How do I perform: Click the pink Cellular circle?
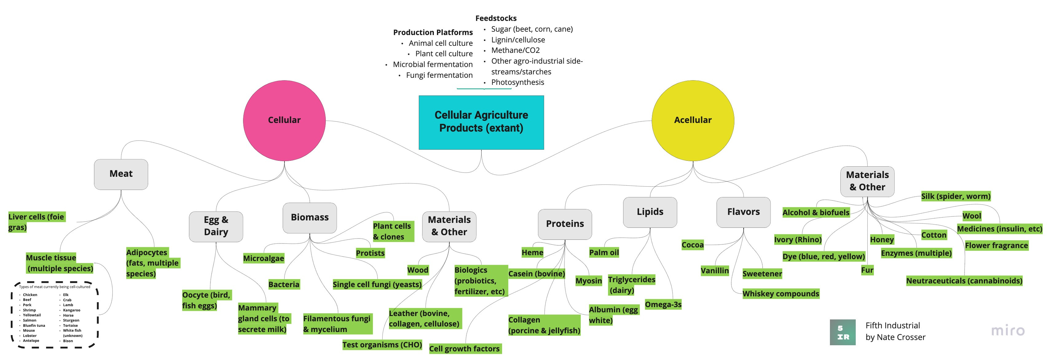(284, 120)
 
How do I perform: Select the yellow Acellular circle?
(693, 120)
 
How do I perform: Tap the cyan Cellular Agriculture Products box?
(481, 122)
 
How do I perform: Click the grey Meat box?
(121, 174)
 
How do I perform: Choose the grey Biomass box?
(309, 217)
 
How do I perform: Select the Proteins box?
(565, 224)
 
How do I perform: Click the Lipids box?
(650, 212)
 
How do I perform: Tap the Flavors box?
(743, 212)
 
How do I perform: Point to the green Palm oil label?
(604, 252)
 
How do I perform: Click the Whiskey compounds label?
(780, 294)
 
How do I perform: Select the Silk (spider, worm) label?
(955, 196)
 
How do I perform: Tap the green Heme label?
(532, 252)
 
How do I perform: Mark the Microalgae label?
(263, 258)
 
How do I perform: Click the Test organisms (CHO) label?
(382, 345)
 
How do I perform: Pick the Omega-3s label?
(663, 304)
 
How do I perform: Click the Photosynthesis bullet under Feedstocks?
(517, 82)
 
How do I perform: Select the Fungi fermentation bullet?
(439, 75)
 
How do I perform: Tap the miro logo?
(1008, 330)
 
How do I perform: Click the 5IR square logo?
(843, 332)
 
